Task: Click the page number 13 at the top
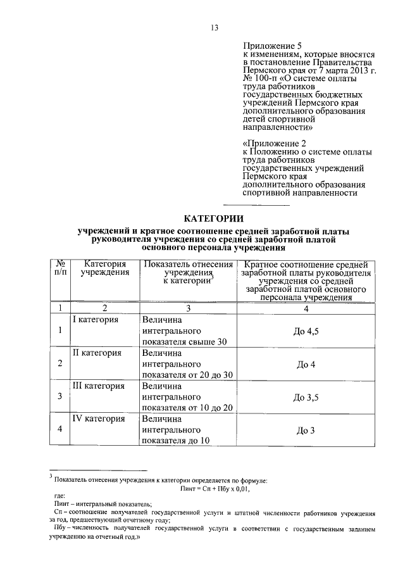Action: (215, 27)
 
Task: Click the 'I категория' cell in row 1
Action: (97, 320)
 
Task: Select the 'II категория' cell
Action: (97, 353)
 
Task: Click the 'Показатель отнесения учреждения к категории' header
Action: (188, 273)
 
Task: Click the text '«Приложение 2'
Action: (270, 143)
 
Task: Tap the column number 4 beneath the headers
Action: (306, 308)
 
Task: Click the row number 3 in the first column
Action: (60, 397)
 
